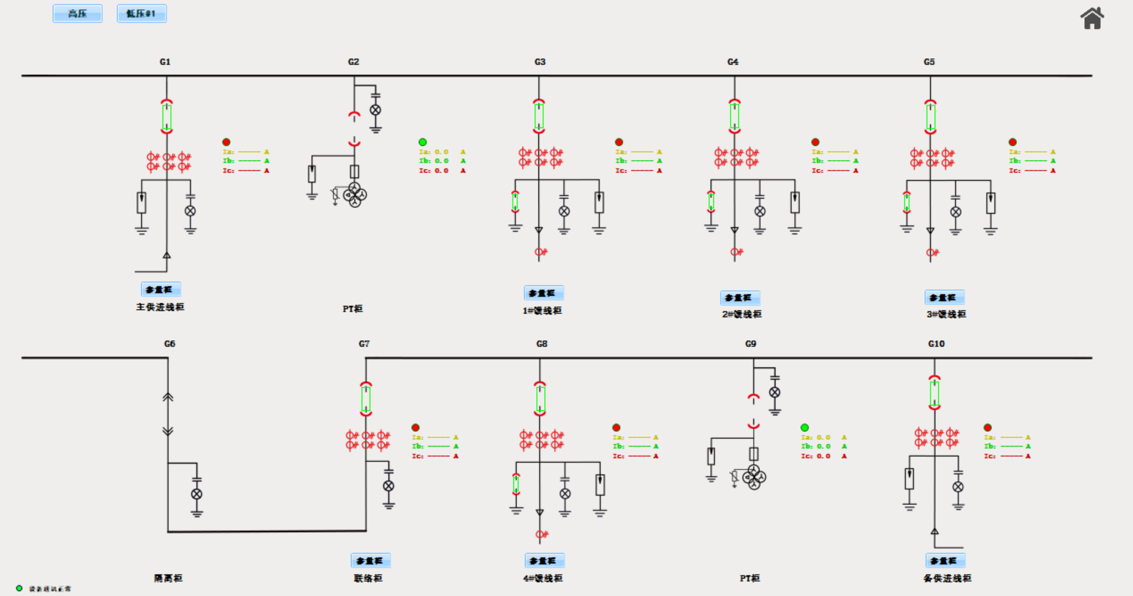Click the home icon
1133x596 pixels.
click(1092, 18)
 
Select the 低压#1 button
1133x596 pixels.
click(142, 14)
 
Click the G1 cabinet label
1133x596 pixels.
click(165, 62)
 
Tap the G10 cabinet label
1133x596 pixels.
click(936, 344)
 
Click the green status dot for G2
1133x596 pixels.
click(422, 142)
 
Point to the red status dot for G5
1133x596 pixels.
click(1012, 142)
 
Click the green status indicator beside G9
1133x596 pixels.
click(805, 428)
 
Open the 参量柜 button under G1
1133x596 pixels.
click(161, 290)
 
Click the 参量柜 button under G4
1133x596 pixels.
click(740, 297)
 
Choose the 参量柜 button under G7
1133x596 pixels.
click(370, 561)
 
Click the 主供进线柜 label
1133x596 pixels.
click(160, 307)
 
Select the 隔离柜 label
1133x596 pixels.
click(168, 578)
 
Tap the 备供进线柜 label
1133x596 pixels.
click(947, 578)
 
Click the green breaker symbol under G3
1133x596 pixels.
click(539, 116)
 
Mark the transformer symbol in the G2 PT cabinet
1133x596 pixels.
click(355, 195)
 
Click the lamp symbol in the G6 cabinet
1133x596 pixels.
click(196, 494)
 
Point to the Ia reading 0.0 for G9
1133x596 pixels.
click(824, 437)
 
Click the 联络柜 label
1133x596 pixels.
click(368, 578)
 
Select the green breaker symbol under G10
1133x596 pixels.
click(934, 393)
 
